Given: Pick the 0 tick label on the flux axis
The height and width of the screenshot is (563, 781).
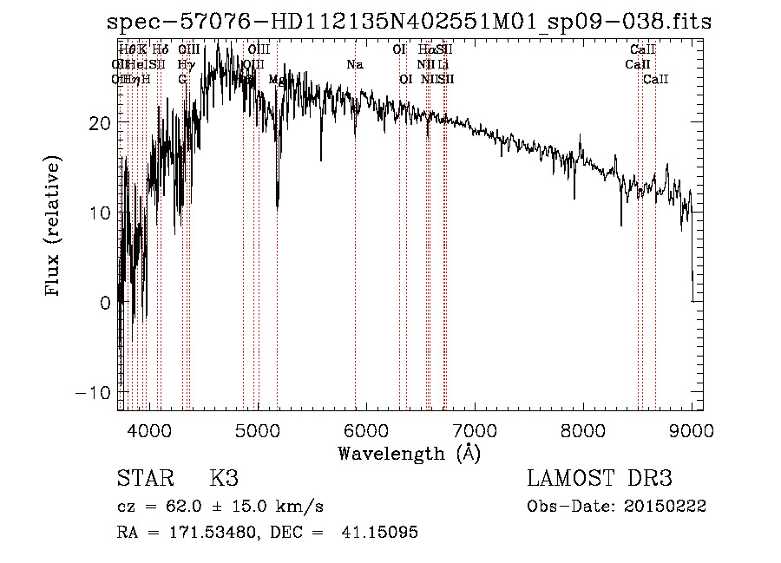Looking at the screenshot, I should (104, 303).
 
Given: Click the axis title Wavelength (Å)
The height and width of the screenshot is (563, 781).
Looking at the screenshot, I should (409, 453).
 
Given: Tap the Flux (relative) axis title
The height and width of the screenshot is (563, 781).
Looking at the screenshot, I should (54, 226).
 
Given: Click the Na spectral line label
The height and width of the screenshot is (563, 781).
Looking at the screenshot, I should (354, 65).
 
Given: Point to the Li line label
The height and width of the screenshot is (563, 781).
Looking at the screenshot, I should (443, 65).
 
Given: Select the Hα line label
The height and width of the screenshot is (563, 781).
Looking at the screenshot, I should (425, 50).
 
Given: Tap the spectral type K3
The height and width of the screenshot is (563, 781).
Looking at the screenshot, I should (224, 479).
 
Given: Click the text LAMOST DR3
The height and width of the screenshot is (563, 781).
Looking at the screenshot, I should (600, 479).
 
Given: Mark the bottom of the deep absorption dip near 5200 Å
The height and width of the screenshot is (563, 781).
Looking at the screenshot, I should (278, 206).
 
